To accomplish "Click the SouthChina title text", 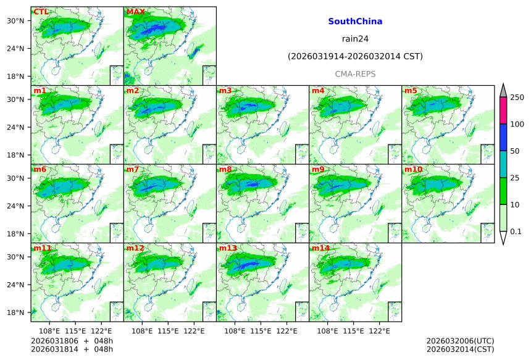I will tap(355, 22).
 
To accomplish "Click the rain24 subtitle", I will tap(355, 39).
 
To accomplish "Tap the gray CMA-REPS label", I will tap(355, 74).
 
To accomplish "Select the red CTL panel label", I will tap(41, 12).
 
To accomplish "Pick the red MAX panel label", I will tap(135, 12).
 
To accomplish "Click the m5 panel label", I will tap(411, 91).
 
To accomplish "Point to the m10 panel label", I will tap(413, 169).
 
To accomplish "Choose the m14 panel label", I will tap(320, 248).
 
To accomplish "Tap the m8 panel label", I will tap(225, 169).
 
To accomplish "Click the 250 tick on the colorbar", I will tap(517, 98).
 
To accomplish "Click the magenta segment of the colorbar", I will tap(503, 111).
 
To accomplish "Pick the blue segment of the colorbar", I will tap(503, 137).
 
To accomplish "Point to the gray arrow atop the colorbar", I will tap(503, 90).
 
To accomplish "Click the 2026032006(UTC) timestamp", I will tap(460, 341).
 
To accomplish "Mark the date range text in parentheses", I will tap(355, 57).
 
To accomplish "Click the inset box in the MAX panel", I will tap(209, 75).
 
